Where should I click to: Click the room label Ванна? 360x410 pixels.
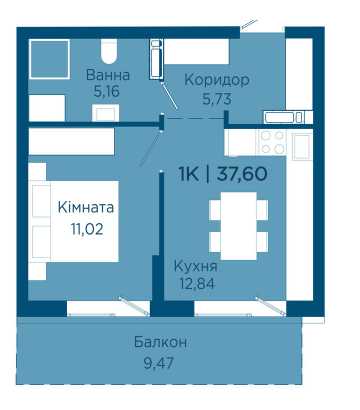point(108,75)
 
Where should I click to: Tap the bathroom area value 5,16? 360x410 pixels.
point(106,91)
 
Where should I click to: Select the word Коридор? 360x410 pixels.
point(217,80)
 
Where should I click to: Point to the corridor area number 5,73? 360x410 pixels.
point(217,99)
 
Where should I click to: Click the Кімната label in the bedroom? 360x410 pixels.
point(86,207)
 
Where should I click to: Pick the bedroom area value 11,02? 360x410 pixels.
point(87,229)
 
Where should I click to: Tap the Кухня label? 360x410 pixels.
point(196,266)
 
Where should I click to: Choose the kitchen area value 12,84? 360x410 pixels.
point(197,284)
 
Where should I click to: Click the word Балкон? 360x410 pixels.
point(160,342)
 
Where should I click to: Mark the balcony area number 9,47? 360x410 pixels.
point(159,363)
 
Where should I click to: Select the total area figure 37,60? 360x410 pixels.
point(242,174)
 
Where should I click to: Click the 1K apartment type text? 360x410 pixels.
point(189,174)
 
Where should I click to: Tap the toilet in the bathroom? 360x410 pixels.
point(109,51)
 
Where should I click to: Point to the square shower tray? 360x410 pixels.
point(49,59)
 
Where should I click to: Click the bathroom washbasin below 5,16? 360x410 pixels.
point(106,113)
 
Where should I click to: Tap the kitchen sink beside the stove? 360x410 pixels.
point(302,146)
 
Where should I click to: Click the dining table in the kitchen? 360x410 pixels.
point(239,226)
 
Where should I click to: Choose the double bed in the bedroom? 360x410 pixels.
point(73,221)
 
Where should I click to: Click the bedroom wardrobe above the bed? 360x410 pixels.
point(71,142)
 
